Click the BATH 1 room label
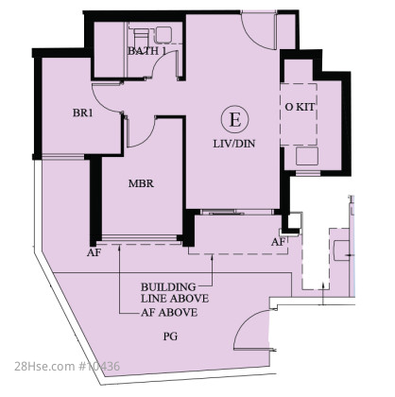point(146,51)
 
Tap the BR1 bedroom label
point(83,112)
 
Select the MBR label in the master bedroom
point(141,183)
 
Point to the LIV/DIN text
point(234,144)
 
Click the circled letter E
point(234,120)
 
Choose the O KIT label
point(300,107)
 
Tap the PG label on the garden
point(170,337)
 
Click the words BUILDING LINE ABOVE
point(175,292)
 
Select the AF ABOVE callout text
point(169,313)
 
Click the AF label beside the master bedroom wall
point(94,252)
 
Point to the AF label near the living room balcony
point(278,242)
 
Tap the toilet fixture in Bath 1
point(141,34)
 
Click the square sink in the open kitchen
point(307,156)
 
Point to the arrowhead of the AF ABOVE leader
point(120,249)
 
